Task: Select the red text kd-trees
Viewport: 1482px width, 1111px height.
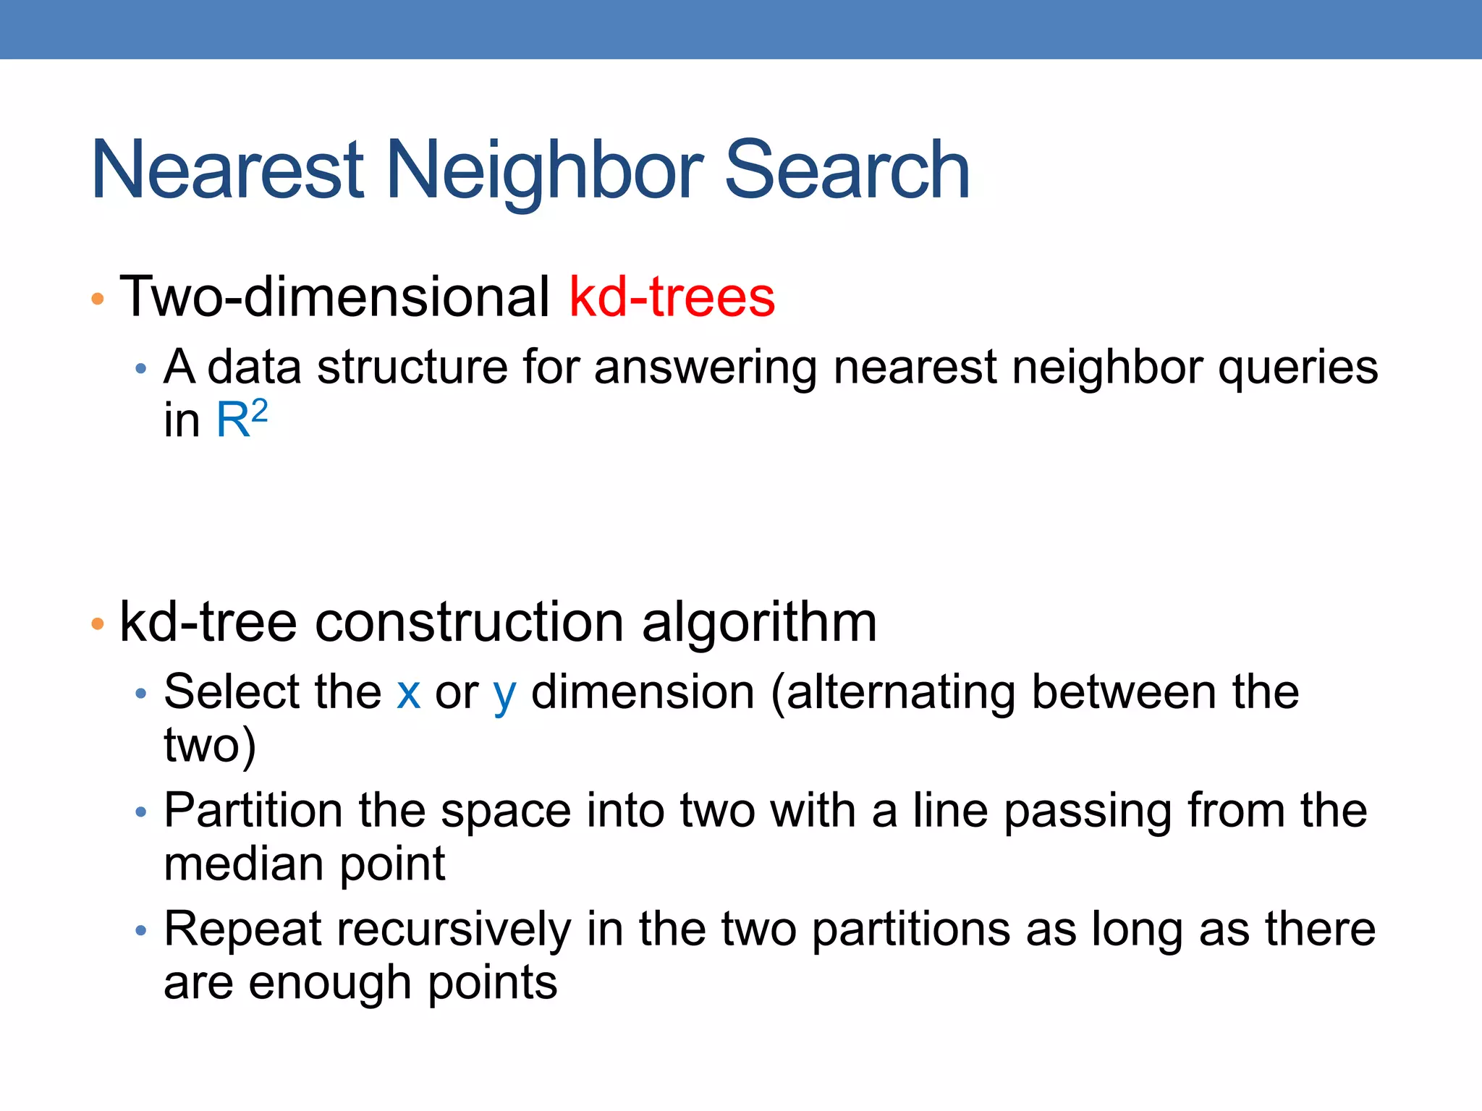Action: (672, 297)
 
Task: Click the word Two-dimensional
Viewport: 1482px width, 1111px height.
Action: (334, 297)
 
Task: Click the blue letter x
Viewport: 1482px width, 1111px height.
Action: (409, 692)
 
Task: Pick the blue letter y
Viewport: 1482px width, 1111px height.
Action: (504, 694)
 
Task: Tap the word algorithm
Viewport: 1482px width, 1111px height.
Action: (759, 622)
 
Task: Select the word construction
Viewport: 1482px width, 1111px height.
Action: (469, 622)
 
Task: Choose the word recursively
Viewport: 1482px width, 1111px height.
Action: (454, 929)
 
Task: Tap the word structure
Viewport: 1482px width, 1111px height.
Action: (412, 367)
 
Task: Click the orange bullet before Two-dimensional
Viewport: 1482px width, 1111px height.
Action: (98, 299)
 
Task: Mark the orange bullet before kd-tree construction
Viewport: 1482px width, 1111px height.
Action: (98, 623)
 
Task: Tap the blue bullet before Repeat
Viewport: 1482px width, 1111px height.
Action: (141, 930)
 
